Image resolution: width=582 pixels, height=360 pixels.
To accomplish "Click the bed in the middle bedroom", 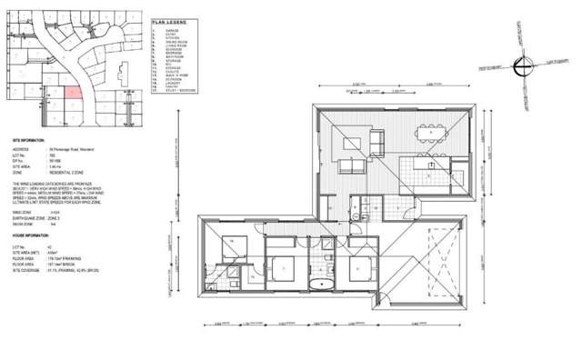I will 284,270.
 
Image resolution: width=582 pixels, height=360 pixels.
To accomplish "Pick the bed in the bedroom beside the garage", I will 360,270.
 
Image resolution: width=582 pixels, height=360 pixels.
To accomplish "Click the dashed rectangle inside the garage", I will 434,263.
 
